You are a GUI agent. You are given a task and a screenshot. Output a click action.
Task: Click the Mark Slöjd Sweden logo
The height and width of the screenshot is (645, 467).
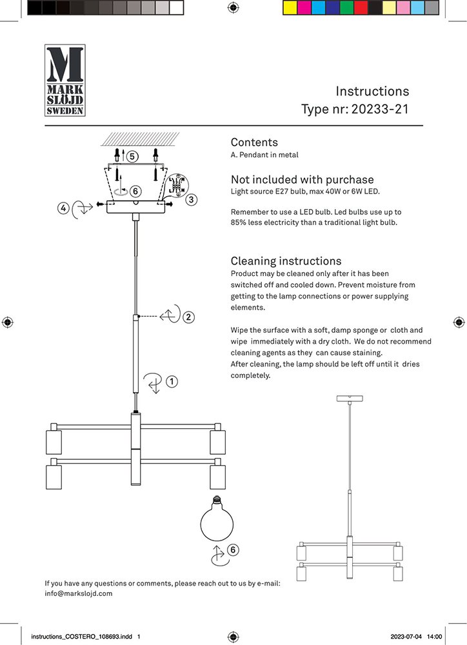pos(65,80)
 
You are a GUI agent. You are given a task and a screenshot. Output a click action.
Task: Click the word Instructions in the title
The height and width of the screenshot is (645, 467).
pos(372,91)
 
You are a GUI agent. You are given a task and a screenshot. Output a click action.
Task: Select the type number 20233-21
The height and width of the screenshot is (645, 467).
pos(380,109)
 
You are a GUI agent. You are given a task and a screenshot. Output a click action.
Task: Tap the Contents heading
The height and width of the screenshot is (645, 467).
pos(254,143)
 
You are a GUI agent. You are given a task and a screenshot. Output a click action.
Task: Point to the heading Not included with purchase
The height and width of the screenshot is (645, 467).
pos(302,180)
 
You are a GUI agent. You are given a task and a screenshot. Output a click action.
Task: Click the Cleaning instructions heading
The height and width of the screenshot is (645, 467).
pos(286,261)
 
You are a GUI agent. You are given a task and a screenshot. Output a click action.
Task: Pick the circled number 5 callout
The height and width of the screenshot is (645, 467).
pos(132,156)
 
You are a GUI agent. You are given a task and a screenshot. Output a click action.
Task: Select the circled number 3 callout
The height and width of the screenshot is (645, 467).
pos(191,200)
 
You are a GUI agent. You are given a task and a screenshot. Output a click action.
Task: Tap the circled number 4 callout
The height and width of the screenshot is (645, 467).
pos(63,208)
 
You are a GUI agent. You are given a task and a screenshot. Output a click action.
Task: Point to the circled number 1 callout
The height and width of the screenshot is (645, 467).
pos(172,381)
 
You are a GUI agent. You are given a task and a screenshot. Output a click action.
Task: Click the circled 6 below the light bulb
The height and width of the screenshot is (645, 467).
pos(233,550)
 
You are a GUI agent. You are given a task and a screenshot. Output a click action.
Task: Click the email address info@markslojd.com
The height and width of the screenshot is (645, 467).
pos(79,593)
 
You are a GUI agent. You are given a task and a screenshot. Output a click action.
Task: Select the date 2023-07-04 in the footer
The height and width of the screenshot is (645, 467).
pos(407,637)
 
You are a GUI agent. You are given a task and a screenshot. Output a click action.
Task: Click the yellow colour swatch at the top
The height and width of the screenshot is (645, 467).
pos(290,8)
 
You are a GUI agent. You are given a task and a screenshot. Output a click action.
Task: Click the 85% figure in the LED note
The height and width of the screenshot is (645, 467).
pos(239,223)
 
